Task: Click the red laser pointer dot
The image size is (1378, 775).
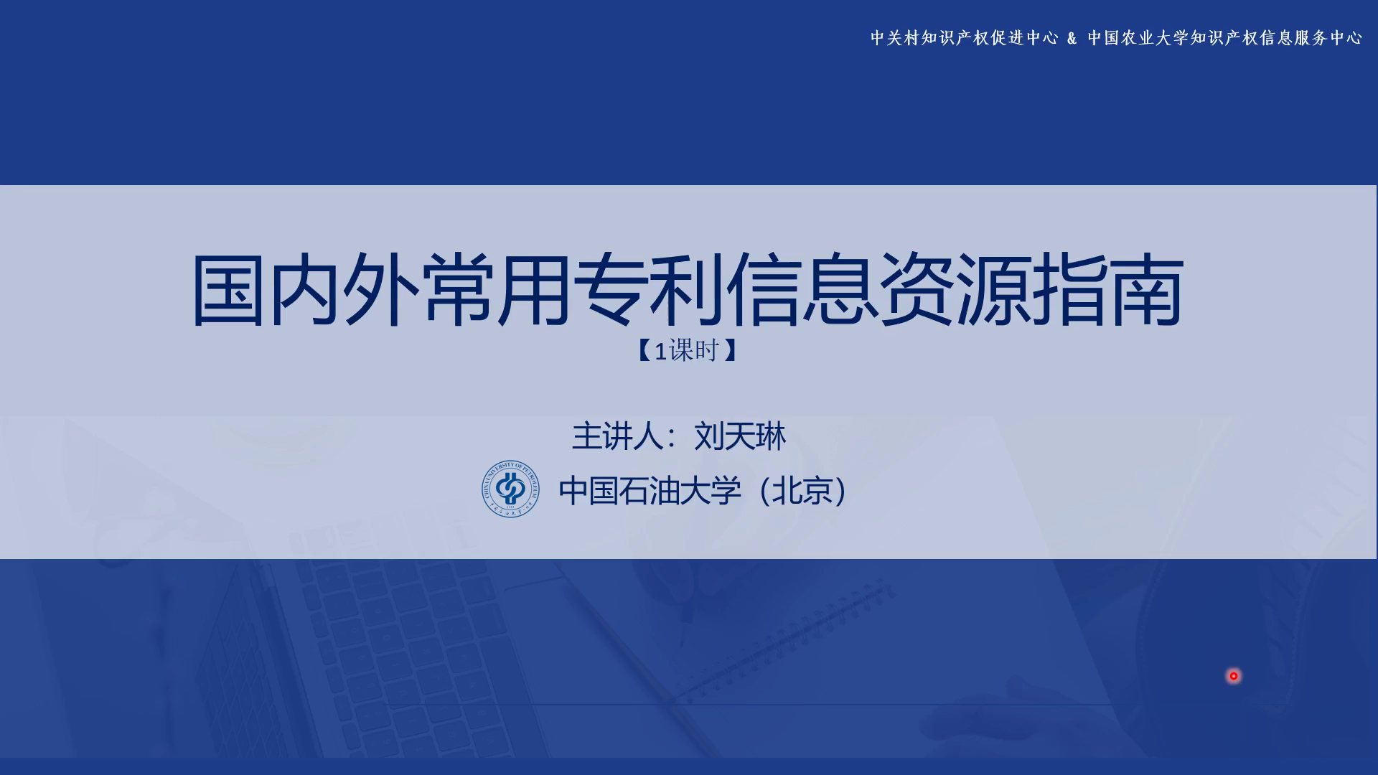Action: [x=1234, y=676]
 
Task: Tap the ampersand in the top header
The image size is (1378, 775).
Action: [x=1072, y=38]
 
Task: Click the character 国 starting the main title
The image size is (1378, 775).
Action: [x=228, y=290]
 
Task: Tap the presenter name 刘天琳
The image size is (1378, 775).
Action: [x=740, y=436]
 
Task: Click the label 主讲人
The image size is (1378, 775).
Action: [x=617, y=436]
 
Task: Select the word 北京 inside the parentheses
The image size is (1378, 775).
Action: [x=802, y=492]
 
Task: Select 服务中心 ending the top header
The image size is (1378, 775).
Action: [x=1328, y=38]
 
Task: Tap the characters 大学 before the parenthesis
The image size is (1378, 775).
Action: [x=711, y=492]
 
